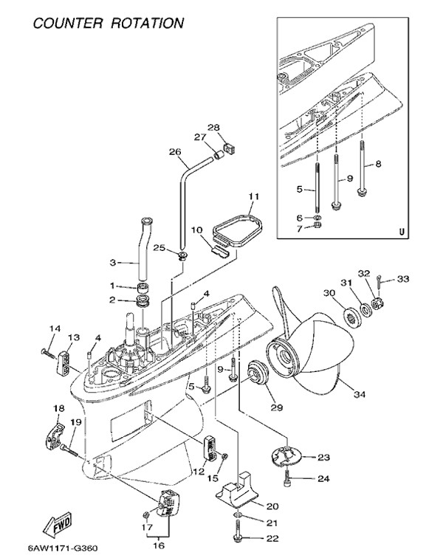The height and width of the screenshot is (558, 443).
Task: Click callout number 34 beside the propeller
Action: coord(359,394)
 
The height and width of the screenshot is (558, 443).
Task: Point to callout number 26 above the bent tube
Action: coord(175,153)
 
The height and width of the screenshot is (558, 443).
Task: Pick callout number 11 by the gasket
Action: coord(254,197)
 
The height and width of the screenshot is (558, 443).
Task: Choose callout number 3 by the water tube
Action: coord(113,262)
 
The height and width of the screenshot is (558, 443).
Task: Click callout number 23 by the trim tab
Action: coord(323,458)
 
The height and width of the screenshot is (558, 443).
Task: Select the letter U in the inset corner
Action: coord(402,230)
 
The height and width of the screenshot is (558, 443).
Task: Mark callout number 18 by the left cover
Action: coord(58,408)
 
